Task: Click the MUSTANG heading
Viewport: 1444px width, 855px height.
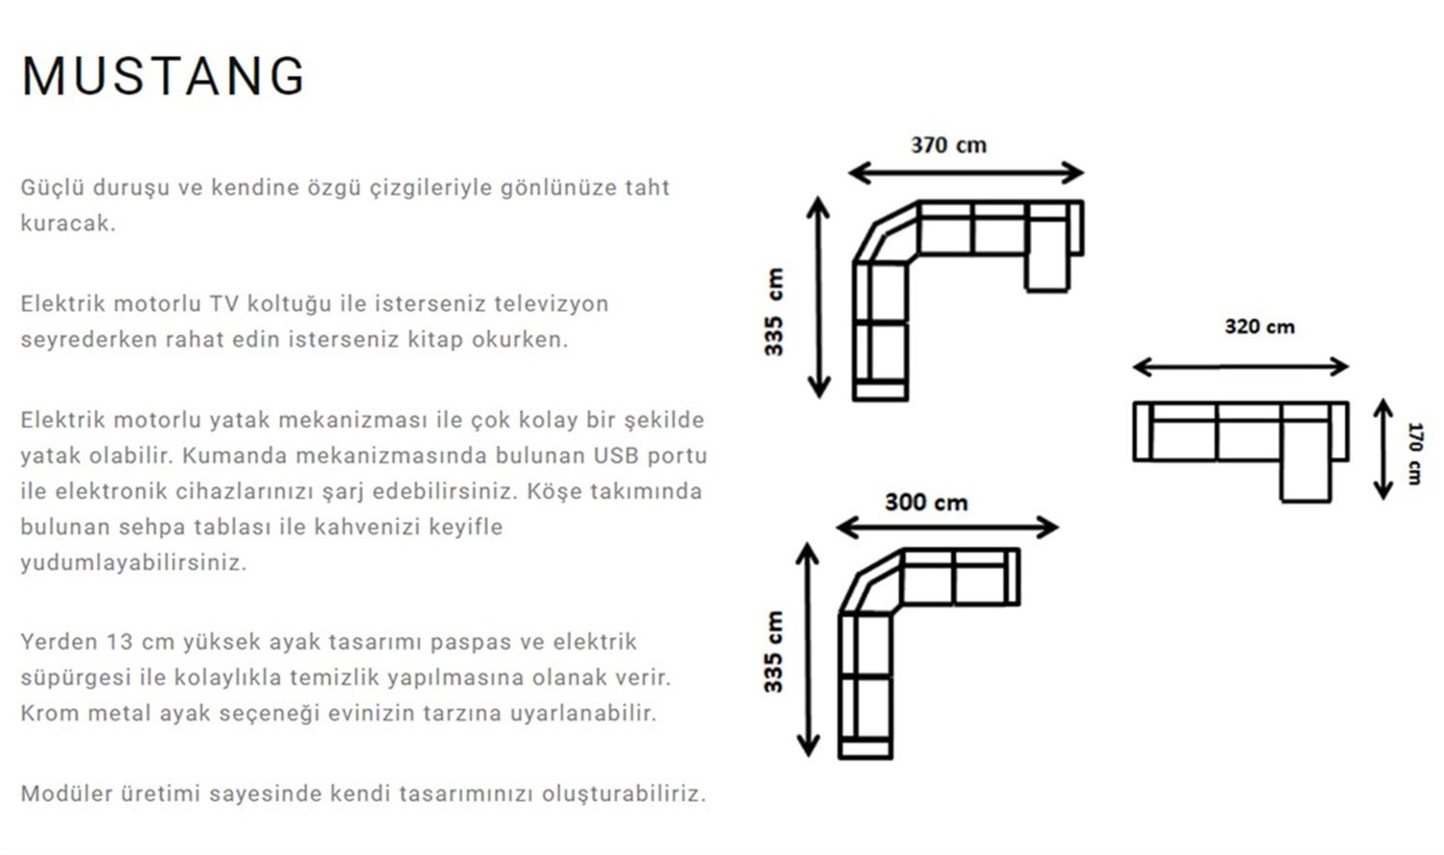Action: point(163,76)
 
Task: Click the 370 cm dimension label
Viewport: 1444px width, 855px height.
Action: point(948,145)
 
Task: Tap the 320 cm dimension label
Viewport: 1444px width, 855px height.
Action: point(1259,327)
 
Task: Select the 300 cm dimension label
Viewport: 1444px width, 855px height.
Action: point(926,503)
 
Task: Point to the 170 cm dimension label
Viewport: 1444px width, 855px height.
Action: point(1413,453)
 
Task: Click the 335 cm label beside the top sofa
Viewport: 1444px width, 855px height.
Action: point(774,311)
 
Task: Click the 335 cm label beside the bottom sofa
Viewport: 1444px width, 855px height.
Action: point(774,652)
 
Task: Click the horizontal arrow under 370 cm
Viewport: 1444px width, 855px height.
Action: point(966,173)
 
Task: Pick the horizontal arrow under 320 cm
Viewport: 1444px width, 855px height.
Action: point(1241,367)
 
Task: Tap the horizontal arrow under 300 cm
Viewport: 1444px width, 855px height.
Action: point(947,528)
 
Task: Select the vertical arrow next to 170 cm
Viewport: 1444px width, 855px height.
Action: point(1382,450)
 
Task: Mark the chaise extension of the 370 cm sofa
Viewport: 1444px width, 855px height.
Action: point(1046,271)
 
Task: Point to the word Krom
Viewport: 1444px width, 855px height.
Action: point(50,713)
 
